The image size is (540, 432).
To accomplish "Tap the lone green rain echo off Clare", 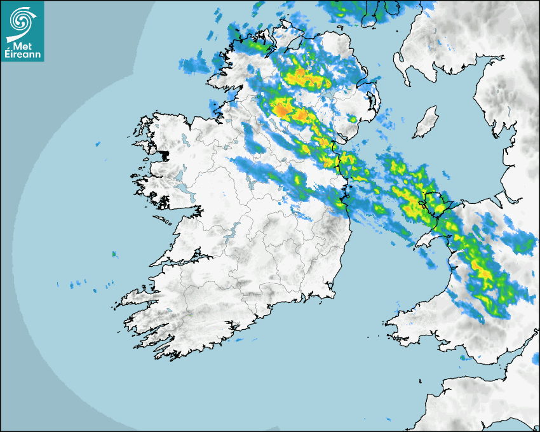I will pyautogui.click(x=114, y=254).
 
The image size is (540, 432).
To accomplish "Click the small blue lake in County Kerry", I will pyautogui.click(x=191, y=316).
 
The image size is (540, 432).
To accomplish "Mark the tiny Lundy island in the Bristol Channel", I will pyautogui.click(x=421, y=381).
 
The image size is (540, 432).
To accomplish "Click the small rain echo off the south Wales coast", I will pyautogui.click(x=462, y=358).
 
